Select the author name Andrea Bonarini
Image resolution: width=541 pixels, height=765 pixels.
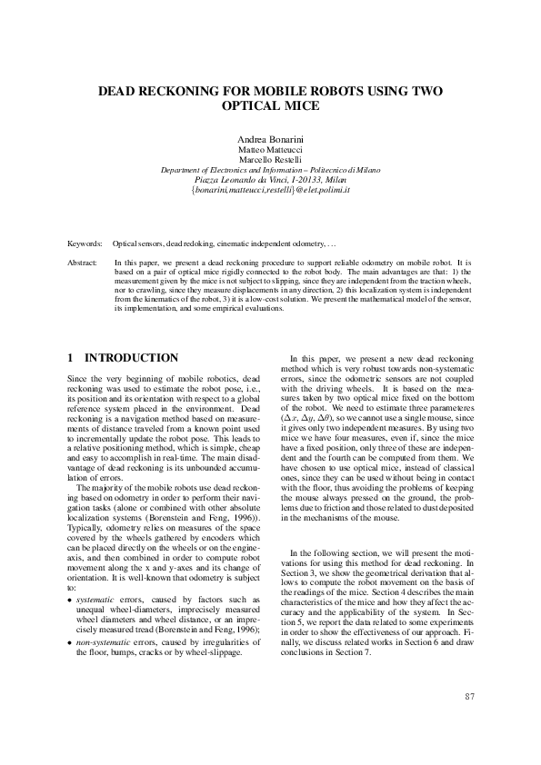pyautogui.click(x=270, y=138)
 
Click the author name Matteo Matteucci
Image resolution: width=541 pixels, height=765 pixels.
pyautogui.click(x=270, y=149)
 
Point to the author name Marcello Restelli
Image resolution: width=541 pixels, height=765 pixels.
pyautogui.click(x=270, y=160)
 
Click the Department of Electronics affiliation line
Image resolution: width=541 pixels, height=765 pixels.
pyautogui.click(x=270, y=170)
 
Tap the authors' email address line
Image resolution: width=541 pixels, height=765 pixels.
pyautogui.click(x=270, y=192)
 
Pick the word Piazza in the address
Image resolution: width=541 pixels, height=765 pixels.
pyautogui.click(x=211, y=181)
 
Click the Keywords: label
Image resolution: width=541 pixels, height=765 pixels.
pyautogui.click(x=85, y=244)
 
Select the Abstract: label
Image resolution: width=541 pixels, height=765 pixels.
pyautogui.click(x=84, y=262)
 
